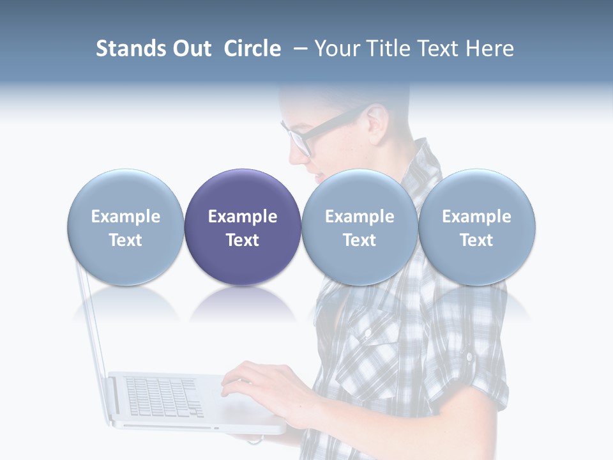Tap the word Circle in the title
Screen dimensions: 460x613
click(x=252, y=49)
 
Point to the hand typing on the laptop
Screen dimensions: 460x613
click(x=255, y=383)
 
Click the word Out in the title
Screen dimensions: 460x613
click(x=190, y=49)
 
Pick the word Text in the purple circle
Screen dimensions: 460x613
click(x=243, y=240)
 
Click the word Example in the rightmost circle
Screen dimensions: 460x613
click(x=476, y=217)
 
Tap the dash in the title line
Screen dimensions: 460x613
click(x=299, y=49)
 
